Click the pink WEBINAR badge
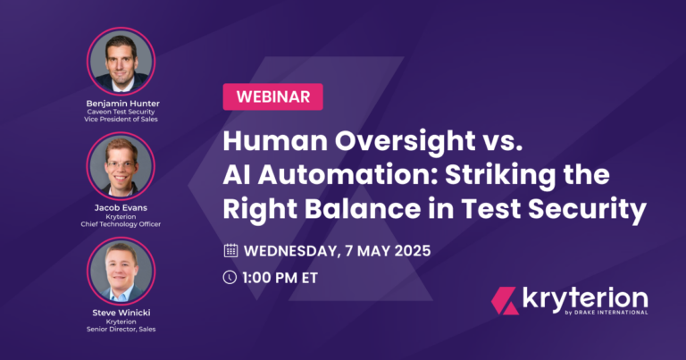273,96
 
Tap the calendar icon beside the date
230,251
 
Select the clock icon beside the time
230,277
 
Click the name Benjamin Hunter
122,104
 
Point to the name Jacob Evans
121,208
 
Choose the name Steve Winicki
121,313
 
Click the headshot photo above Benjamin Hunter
121,61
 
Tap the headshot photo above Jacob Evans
121,166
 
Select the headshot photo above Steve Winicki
121,272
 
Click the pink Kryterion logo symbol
505,301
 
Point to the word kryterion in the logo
585,299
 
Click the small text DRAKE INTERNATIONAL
611,313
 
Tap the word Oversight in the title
406,141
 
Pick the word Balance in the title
363,209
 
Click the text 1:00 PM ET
280,278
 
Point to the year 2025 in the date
413,251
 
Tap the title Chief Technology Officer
121,224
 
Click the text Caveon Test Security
121,112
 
